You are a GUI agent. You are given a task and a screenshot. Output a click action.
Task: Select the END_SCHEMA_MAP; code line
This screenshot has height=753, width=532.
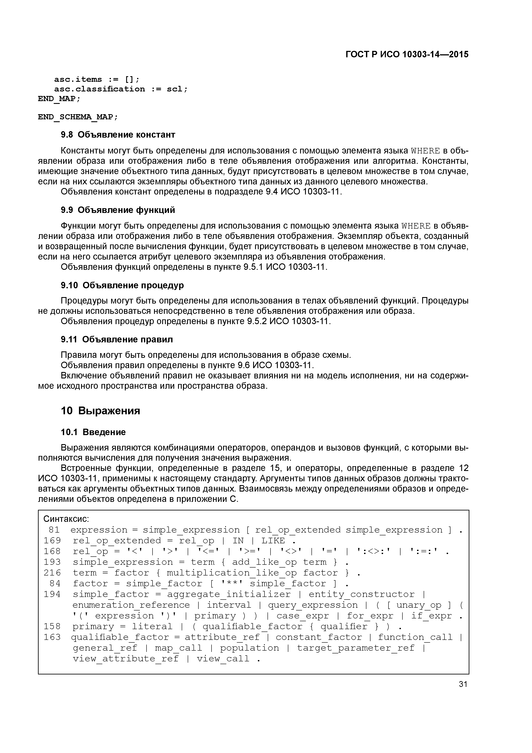click(78, 117)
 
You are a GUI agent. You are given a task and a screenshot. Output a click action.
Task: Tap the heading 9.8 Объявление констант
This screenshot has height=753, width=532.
click(118, 135)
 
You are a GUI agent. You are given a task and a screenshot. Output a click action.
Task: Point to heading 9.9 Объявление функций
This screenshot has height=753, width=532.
click(118, 210)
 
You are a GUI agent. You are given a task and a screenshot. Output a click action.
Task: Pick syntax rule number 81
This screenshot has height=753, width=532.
click(54, 530)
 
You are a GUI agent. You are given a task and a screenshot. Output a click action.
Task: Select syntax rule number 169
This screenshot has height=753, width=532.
click(52, 541)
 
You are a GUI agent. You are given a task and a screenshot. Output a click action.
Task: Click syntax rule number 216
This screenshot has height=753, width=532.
click(52, 573)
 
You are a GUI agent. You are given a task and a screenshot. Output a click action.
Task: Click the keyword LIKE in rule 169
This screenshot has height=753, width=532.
click(273, 541)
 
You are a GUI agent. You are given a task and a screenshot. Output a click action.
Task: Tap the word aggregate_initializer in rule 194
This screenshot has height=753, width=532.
click(229, 594)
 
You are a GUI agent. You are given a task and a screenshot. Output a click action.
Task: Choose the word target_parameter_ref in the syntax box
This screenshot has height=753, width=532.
click(356, 648)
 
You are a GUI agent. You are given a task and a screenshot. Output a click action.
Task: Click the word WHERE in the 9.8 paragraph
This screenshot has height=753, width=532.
click(425, 151)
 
